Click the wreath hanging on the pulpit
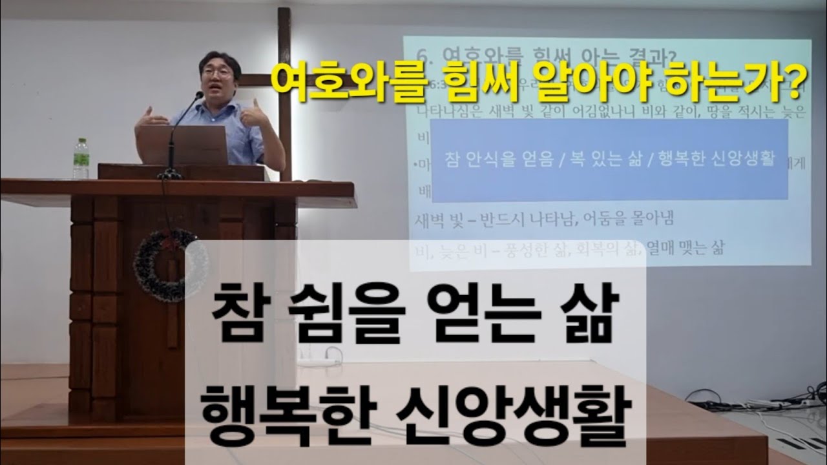point(170,265)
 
